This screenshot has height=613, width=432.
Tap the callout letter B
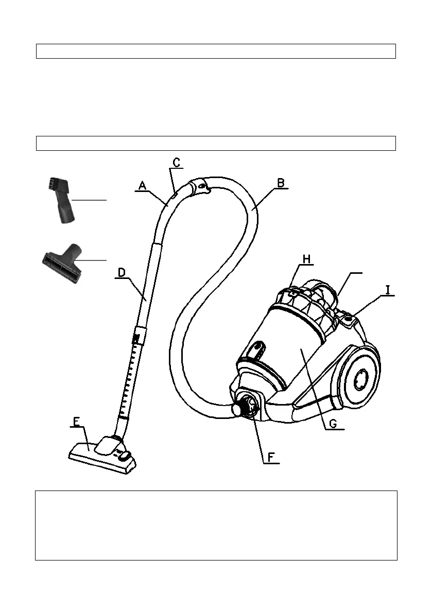coord(281,183)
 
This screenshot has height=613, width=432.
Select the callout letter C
coord(176,163)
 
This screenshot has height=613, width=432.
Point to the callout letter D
coord(122,272)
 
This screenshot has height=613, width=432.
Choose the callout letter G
coord(333,424)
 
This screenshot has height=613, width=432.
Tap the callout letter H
coord(306,260)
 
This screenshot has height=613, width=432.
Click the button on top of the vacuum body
coord(350,319)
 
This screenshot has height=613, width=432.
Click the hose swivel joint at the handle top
coord(199,186)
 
